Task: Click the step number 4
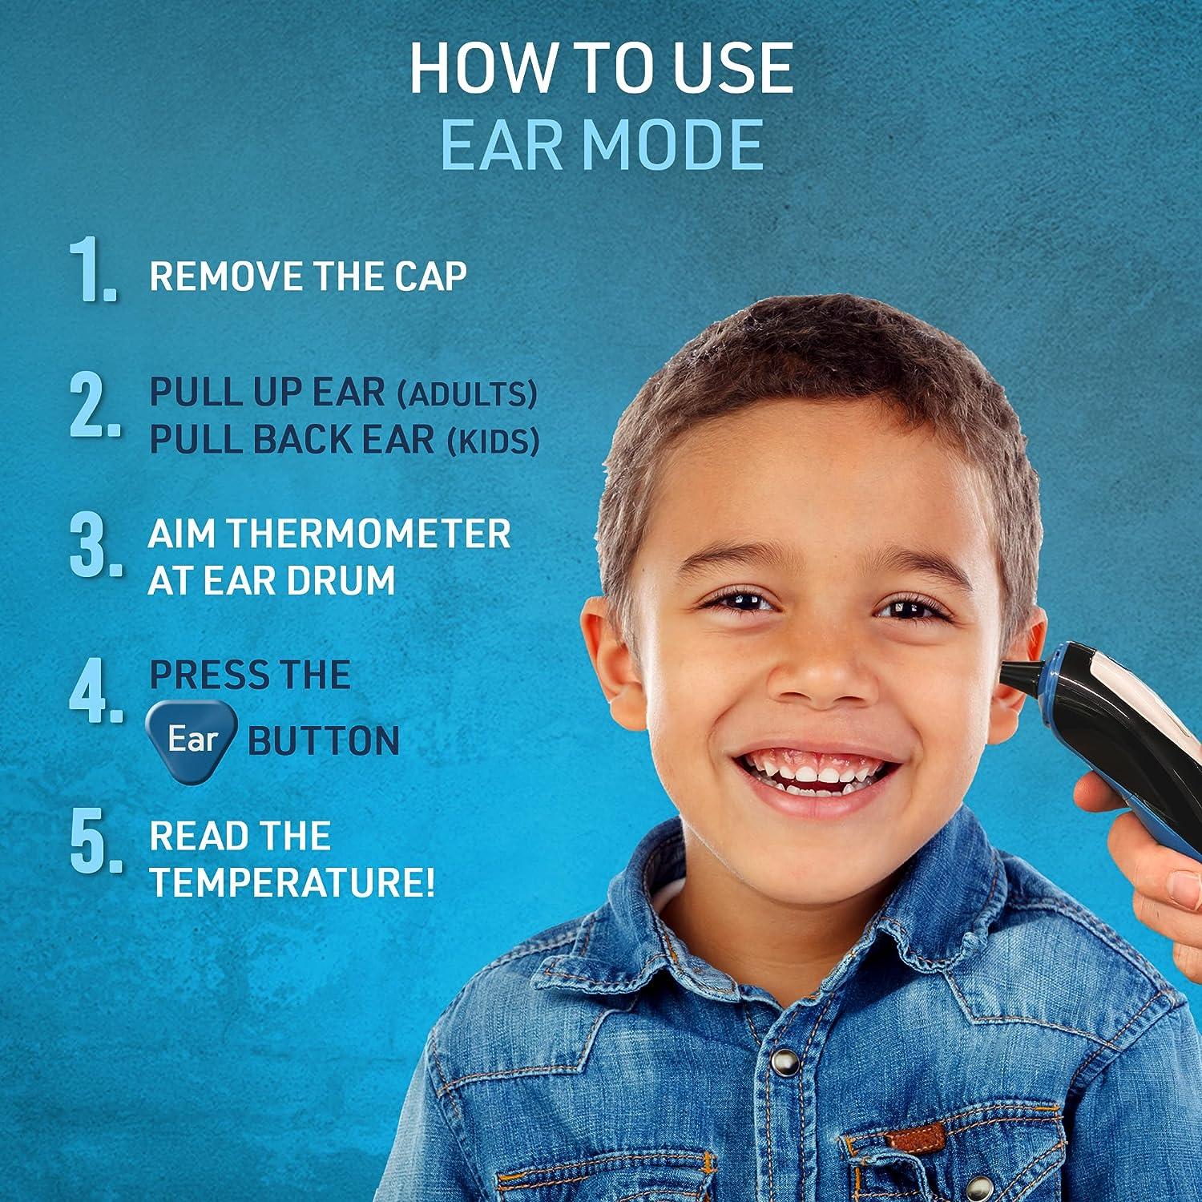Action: [x=95, y=691]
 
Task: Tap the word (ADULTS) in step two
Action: [x=467, y=393]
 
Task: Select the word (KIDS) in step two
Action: [x=493, y=442]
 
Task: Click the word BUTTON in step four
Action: [x=324, y=741]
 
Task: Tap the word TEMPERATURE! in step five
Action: [x=292, y=883]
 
